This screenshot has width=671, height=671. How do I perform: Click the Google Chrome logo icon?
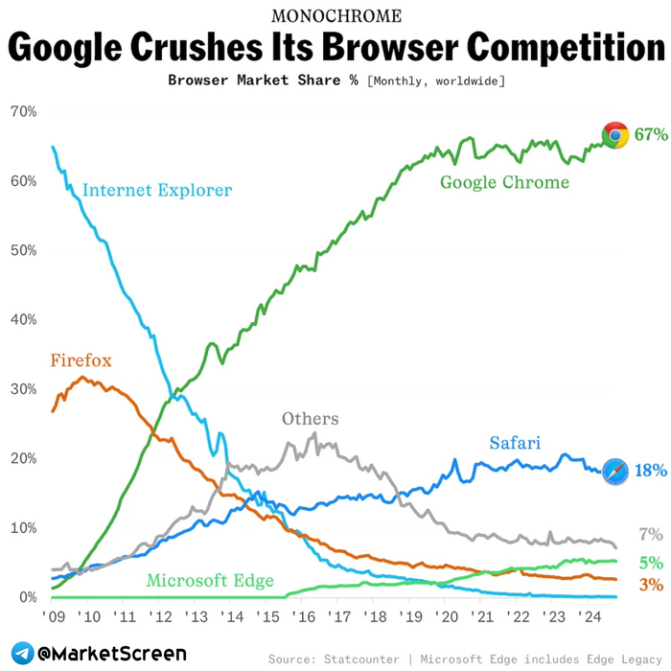click(x=614, y=135)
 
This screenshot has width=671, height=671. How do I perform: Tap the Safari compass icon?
click(x=615, y=471)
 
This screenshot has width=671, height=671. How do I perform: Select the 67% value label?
click(x=650, y=135)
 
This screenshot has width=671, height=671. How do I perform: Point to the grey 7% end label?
click(x=651, y=535)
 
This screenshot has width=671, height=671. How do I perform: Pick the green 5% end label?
click(x=651, y=563)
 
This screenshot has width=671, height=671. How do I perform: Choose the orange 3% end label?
click(x=651, y=585)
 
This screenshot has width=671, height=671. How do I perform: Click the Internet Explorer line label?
click(x=157, y=190)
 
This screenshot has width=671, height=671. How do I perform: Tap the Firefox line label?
click(x=81, y=361)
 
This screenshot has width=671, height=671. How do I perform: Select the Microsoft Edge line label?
click(x=210, y=580)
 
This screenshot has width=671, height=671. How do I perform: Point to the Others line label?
click(x=310, y=419)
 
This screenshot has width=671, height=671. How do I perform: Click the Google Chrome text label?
click(x=504, y=182)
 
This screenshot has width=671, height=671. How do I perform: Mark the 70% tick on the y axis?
click(x=23, y=112)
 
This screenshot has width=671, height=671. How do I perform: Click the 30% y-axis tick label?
click(x=23, y=389)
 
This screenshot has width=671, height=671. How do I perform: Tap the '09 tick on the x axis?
click(x=53, y=616)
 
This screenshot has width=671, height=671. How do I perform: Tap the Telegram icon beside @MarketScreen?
click(x=20, y=653)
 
